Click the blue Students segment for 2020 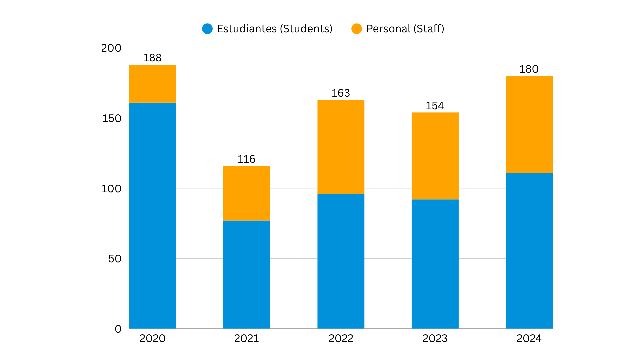point(153,215)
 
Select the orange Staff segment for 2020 point(153,83)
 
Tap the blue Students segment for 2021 point(247,275)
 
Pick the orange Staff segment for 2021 point(247,193)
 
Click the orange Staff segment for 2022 point(341,147)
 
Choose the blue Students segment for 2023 point(435,264)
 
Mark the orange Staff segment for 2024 point(529,124)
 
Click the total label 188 point(152,58)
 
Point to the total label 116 point(246,159)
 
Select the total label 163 point(341,93)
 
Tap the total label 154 point(435,106)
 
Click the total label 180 point(529,69)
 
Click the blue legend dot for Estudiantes point(207,29)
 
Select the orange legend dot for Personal point(357,29)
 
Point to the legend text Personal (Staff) point(405,29)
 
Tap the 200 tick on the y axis point(111,48)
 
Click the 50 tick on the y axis point(115,259)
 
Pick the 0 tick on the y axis point(118,329)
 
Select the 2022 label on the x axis point(341,338)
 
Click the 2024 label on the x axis point(529,338)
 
